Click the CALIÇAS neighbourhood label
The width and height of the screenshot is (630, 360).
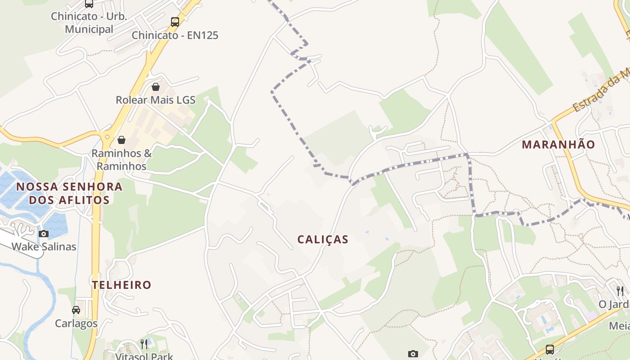[323, 239]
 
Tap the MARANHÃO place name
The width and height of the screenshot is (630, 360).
[558, 144]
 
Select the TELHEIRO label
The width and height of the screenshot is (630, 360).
[121, 285]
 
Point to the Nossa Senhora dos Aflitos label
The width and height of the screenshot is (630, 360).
[69, 193]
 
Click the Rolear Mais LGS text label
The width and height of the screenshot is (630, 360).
[156, 100]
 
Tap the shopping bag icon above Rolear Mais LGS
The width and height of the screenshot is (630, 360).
[156, 86]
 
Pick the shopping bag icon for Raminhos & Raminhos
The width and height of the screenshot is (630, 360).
[121, 140]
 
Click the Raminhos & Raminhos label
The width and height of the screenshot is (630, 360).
[121, 160]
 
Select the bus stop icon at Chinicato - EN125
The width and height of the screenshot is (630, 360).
[175, 22]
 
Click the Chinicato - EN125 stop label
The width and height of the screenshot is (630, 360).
[175, 35]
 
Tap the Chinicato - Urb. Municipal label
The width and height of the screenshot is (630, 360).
[89, 22]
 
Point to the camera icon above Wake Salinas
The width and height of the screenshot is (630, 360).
[44, 234]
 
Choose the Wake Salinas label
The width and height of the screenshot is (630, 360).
[44, 247]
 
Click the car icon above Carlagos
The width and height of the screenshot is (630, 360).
[76, 310]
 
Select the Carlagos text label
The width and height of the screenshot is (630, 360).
[76, 324]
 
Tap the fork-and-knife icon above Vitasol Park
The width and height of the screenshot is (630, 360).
[144, 344]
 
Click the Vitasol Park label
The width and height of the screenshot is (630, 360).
[144, 356]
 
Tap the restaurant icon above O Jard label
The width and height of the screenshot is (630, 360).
[620, 291]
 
